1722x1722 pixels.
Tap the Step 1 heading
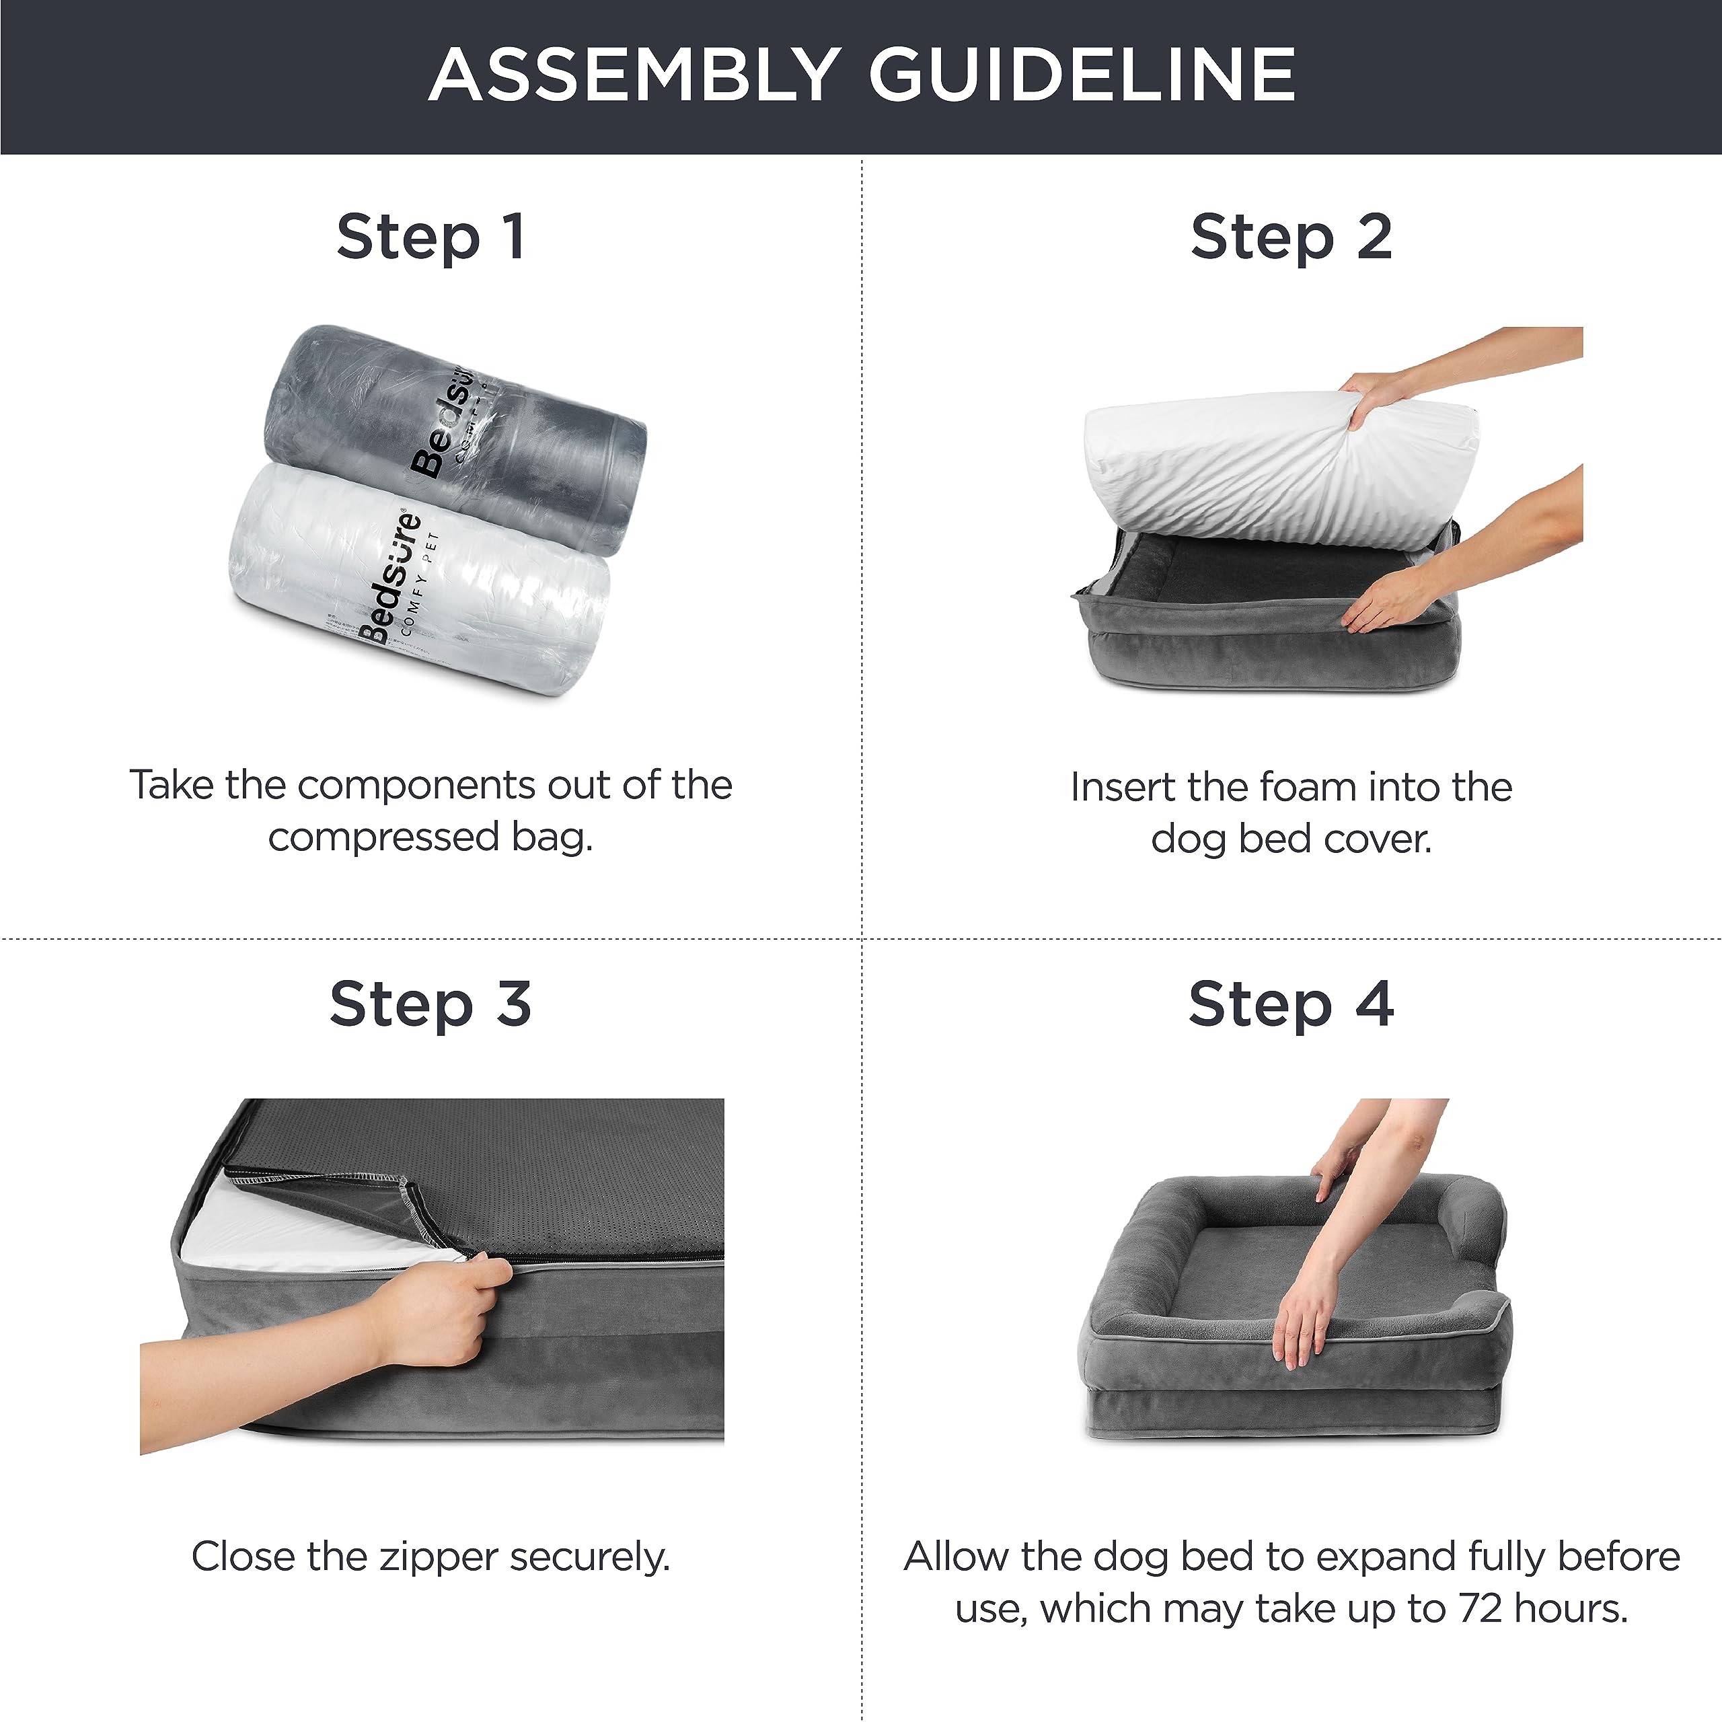(430, 239)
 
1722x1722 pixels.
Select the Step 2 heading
(1291, 239)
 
